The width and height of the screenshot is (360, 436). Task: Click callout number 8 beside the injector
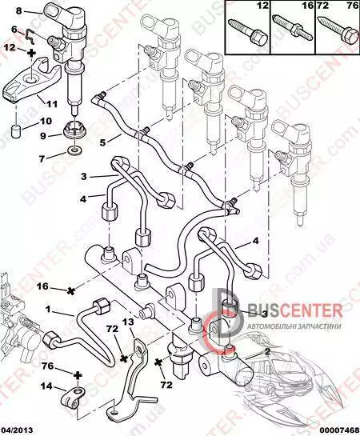[x=18, y=11]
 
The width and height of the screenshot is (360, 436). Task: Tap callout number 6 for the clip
[x=14, y=29]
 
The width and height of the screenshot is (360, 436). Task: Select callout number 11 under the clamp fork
[x=52, y=104]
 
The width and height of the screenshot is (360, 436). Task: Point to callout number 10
[x=46, y=122]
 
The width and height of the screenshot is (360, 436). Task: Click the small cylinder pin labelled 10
[x=17, y=131]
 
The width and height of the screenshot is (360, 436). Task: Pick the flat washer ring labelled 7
[x=74, y=151]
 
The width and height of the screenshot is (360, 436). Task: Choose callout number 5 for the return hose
[x=102, y=142]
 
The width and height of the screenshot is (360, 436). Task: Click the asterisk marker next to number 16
[x=71, y=291]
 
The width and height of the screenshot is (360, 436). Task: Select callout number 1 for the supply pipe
[x=48, y=309]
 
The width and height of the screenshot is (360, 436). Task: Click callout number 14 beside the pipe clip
[x=46, y=386]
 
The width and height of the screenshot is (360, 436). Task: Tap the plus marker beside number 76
[x=78, y=376]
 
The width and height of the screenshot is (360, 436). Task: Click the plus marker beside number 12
[x=31, y=52]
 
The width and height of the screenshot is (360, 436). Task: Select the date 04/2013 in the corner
[x=17, y=430]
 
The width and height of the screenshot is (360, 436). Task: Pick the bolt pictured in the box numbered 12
[x=247, y=32]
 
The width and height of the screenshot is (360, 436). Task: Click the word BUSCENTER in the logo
[x=294, y=310]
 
